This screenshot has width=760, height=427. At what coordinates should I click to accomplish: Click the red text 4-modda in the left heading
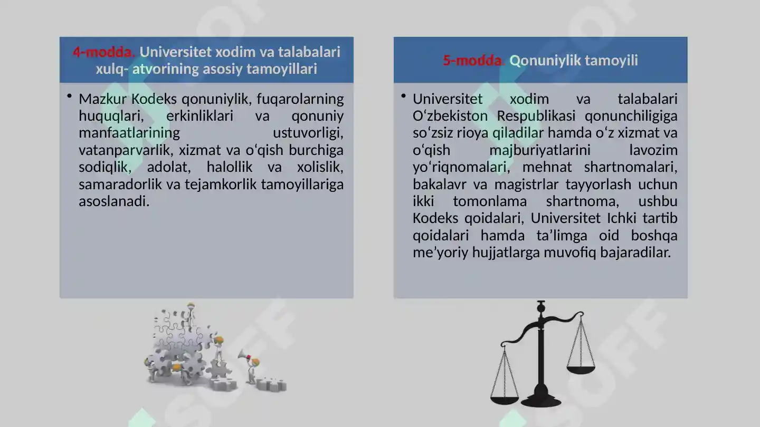(x=104, y=52)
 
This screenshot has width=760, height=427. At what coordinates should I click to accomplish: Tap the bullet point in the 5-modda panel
(x=404, y=96)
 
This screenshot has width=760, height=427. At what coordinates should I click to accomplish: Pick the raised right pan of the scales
(x=581, y=370)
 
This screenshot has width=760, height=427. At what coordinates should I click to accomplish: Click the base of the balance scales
(x=541, y=403)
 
